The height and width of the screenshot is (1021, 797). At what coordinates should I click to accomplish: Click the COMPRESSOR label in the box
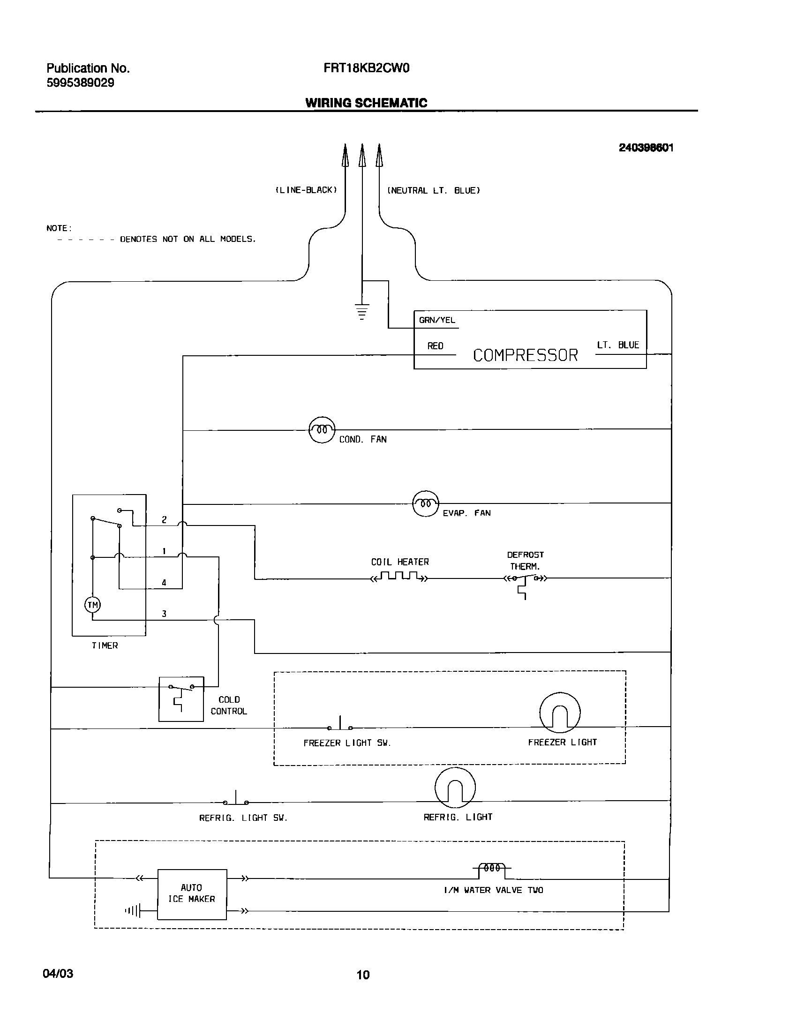coord(525,355)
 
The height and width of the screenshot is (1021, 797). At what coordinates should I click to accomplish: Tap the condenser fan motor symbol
coord(322,430)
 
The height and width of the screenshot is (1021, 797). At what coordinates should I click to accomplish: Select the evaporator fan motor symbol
coord(425,503)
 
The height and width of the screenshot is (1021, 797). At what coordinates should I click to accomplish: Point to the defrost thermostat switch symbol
coord(525,581)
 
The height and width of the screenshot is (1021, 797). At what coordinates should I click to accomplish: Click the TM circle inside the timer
coord(92,605)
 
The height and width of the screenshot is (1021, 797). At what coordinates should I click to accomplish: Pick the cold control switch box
coord(181,699)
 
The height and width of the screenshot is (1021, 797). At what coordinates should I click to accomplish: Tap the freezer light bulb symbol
coord(560,713)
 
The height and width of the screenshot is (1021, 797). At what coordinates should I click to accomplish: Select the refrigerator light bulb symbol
coord(455,788)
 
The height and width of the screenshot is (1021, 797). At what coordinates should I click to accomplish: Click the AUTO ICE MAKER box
coord(192,893)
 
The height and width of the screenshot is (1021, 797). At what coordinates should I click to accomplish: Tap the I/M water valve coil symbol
coord(492,868)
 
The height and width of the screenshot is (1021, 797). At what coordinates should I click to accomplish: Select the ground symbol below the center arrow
coord(361,311)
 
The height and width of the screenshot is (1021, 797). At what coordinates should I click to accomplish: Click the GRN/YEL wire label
coord(437,320)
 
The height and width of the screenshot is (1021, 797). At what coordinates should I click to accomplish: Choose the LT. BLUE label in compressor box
coord(617,345)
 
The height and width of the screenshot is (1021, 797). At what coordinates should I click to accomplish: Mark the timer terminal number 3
coord(164,614)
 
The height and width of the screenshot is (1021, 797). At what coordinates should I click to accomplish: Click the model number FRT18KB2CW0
coord(366,68)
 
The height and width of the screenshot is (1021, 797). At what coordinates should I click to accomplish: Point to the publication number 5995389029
coord(80,83)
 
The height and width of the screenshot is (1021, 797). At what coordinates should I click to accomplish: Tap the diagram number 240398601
coord(646,148)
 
